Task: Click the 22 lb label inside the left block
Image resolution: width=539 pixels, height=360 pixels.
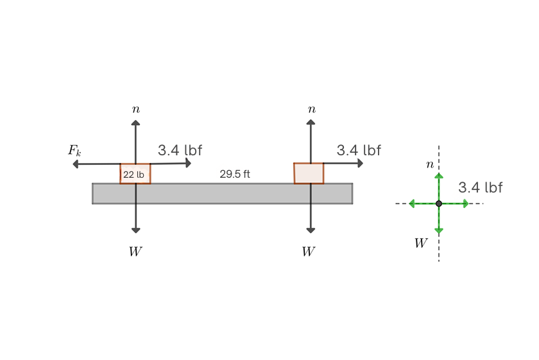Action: tap(133, 175)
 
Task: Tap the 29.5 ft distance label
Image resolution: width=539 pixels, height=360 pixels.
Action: tap(235, 174)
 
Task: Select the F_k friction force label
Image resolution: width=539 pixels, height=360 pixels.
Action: tap(74, 151)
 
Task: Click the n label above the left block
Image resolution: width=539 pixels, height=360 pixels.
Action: tap(136, 109)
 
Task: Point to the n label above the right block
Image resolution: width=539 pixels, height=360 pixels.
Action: tap(311, 109)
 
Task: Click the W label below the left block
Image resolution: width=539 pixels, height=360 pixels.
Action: tap(135, 252)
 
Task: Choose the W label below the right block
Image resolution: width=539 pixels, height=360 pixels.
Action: tap(309, 252)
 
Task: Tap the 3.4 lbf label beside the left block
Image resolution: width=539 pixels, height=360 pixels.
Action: tap(180, 150)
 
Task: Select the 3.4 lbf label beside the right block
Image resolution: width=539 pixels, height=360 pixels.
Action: tap(359, 150)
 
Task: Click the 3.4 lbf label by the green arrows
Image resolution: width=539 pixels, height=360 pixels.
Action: tap(480, 187)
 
